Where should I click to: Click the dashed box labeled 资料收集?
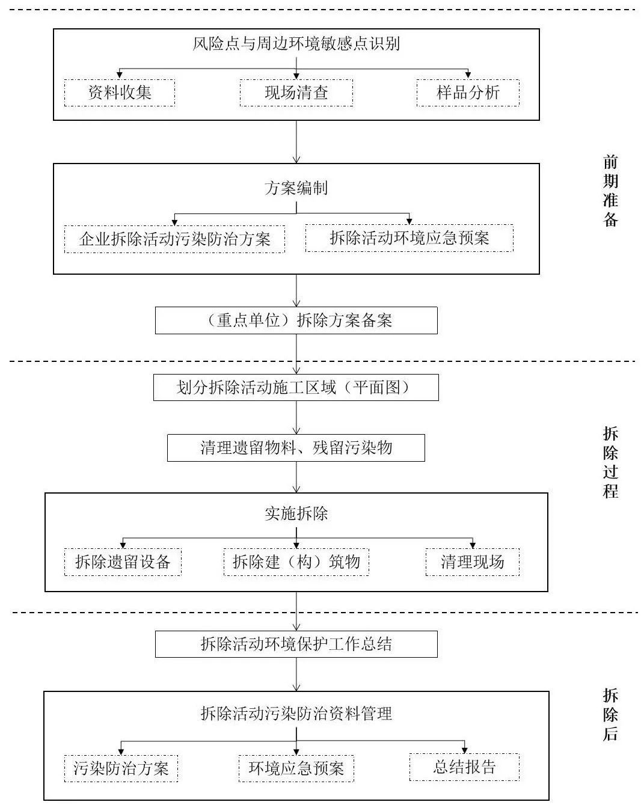[120, 93]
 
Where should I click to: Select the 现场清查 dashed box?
[296, 93]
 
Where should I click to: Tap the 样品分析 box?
[468, 93]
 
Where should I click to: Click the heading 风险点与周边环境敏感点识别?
[296, 44]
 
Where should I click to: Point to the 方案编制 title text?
[296, 188]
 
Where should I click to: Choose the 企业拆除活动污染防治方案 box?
[174, 239]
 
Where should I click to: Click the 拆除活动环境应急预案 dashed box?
[409, 237]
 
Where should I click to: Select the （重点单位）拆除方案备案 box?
[296, 320]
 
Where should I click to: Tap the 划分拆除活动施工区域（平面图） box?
[296, 387]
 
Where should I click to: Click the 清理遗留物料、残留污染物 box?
[296, 448]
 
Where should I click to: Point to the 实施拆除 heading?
[296, 514]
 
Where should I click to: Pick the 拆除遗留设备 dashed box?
[123, 562]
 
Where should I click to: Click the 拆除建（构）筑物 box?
[296, 562]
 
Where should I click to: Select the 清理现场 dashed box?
[472, 562]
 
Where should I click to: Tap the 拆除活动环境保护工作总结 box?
[296, 644]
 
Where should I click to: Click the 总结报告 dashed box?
[464, 767]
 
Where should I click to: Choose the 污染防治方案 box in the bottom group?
[121, 768]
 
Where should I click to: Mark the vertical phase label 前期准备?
[610, 191]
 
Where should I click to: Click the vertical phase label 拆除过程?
[610, 462]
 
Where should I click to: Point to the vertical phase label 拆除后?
[610, 715]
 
